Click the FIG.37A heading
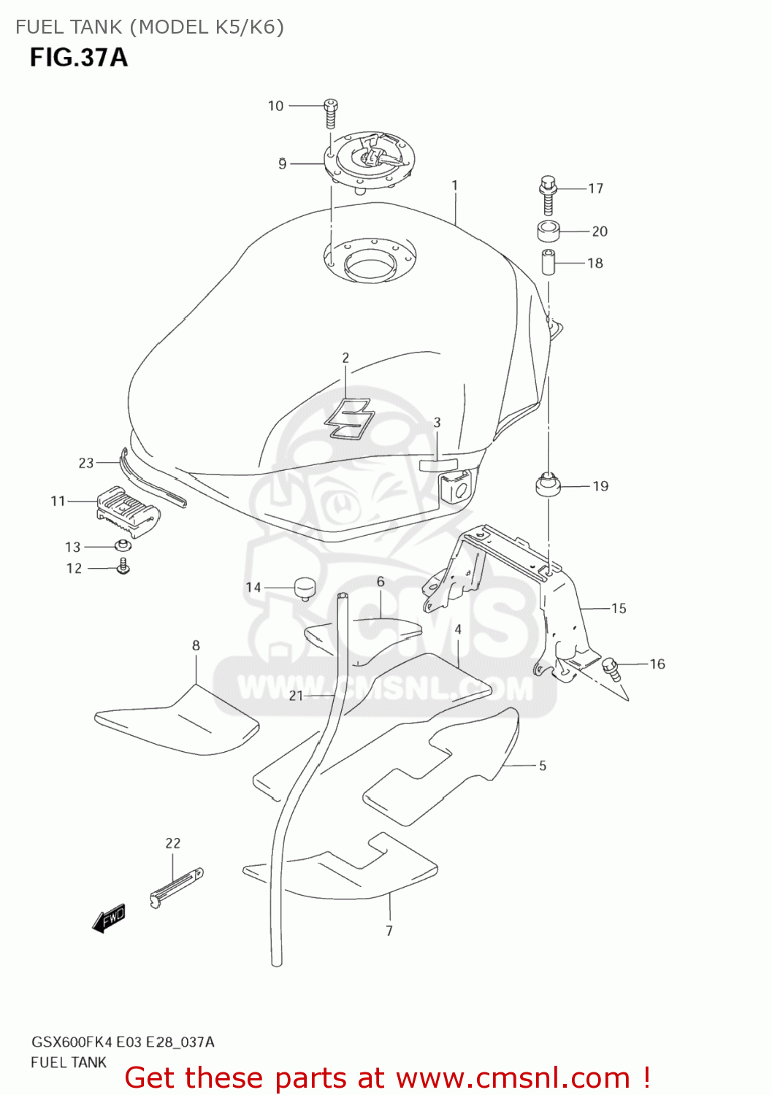coord(79,57)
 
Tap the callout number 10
coord(275,106)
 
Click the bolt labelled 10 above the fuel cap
coord(330,114)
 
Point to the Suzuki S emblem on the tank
coord(349,419)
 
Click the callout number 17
coord(596,188)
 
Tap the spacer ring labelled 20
coord(549,231)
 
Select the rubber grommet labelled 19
coord(548,485)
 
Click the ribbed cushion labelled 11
coord(128,508)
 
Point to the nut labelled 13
coord(122,545)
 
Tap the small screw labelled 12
coord(124,566)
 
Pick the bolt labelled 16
coord(611,668)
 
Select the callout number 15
coord(619,608)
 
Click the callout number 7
coord(389,931)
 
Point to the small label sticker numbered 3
coord(437,464)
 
